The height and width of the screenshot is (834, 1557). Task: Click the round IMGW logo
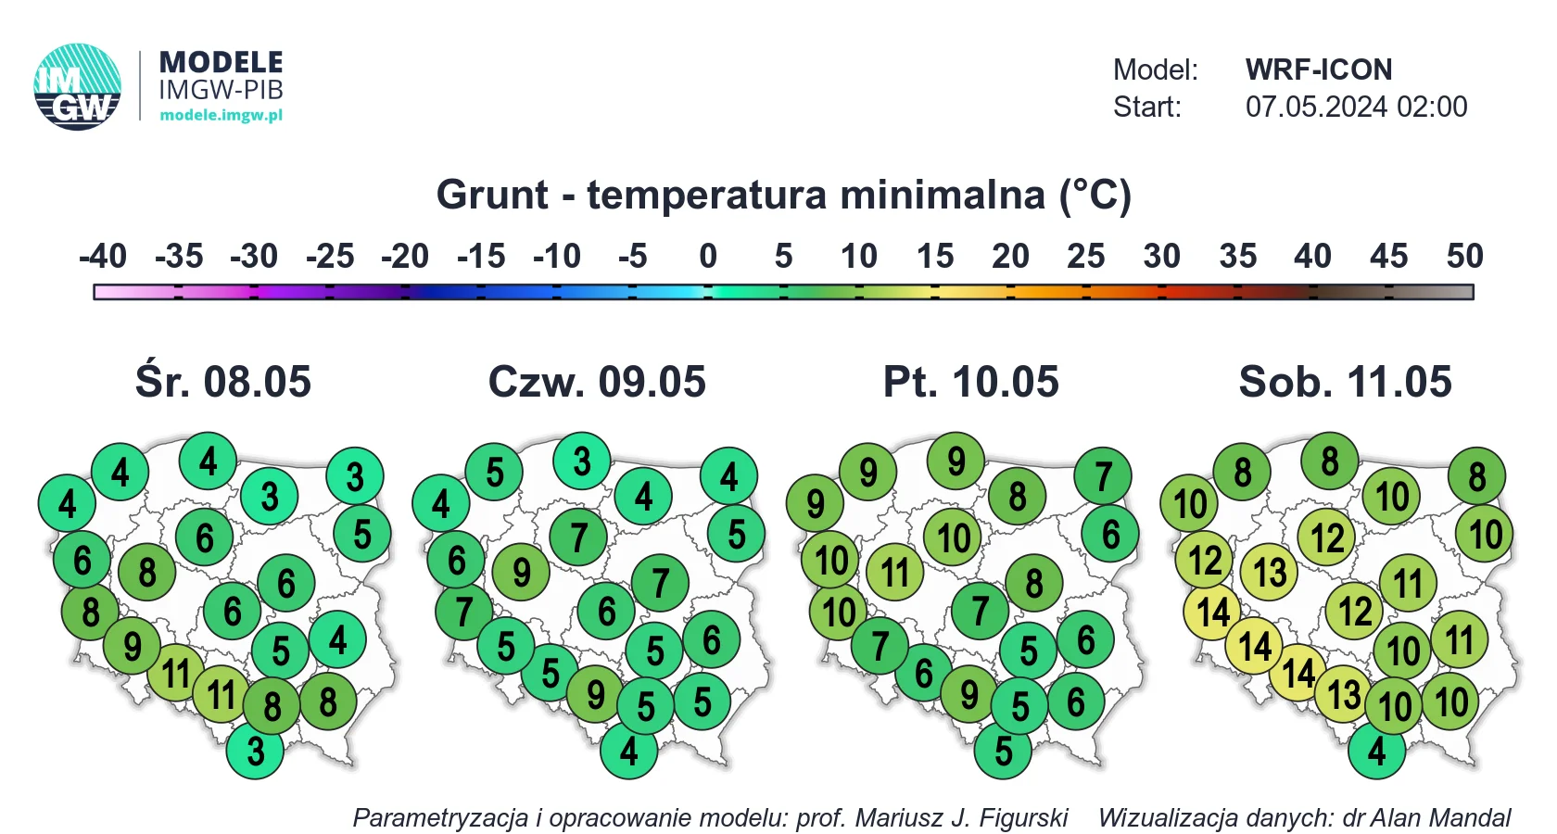(77, 87)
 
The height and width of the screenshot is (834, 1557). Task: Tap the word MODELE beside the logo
(221, 63)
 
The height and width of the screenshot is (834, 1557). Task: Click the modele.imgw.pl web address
(221, 115)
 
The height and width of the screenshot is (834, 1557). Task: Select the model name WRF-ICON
(1319, 69)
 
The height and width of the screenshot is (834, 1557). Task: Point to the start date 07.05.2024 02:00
(1356, 107)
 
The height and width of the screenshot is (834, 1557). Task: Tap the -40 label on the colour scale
(103, 256)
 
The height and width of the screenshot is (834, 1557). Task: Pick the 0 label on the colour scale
(708, 256)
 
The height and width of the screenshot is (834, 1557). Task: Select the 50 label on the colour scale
(1464, 256)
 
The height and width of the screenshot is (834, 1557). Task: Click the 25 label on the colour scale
(1086, 256)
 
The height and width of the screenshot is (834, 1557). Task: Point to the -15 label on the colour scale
(481, 256)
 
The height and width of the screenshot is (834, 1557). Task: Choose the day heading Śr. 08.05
(223, 382)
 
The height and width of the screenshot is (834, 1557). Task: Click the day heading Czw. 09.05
(597, 382)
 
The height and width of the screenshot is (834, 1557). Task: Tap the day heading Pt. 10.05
(971, 382)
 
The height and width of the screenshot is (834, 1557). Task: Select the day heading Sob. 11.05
(1345, 382)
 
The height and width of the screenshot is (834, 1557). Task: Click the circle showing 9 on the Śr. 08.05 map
(132, 647)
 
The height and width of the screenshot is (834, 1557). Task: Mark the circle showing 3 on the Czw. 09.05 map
(582, 461)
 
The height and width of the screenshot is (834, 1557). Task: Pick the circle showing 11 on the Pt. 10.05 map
(895, 573)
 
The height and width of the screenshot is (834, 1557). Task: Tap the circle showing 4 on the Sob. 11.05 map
(1377, 751)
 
